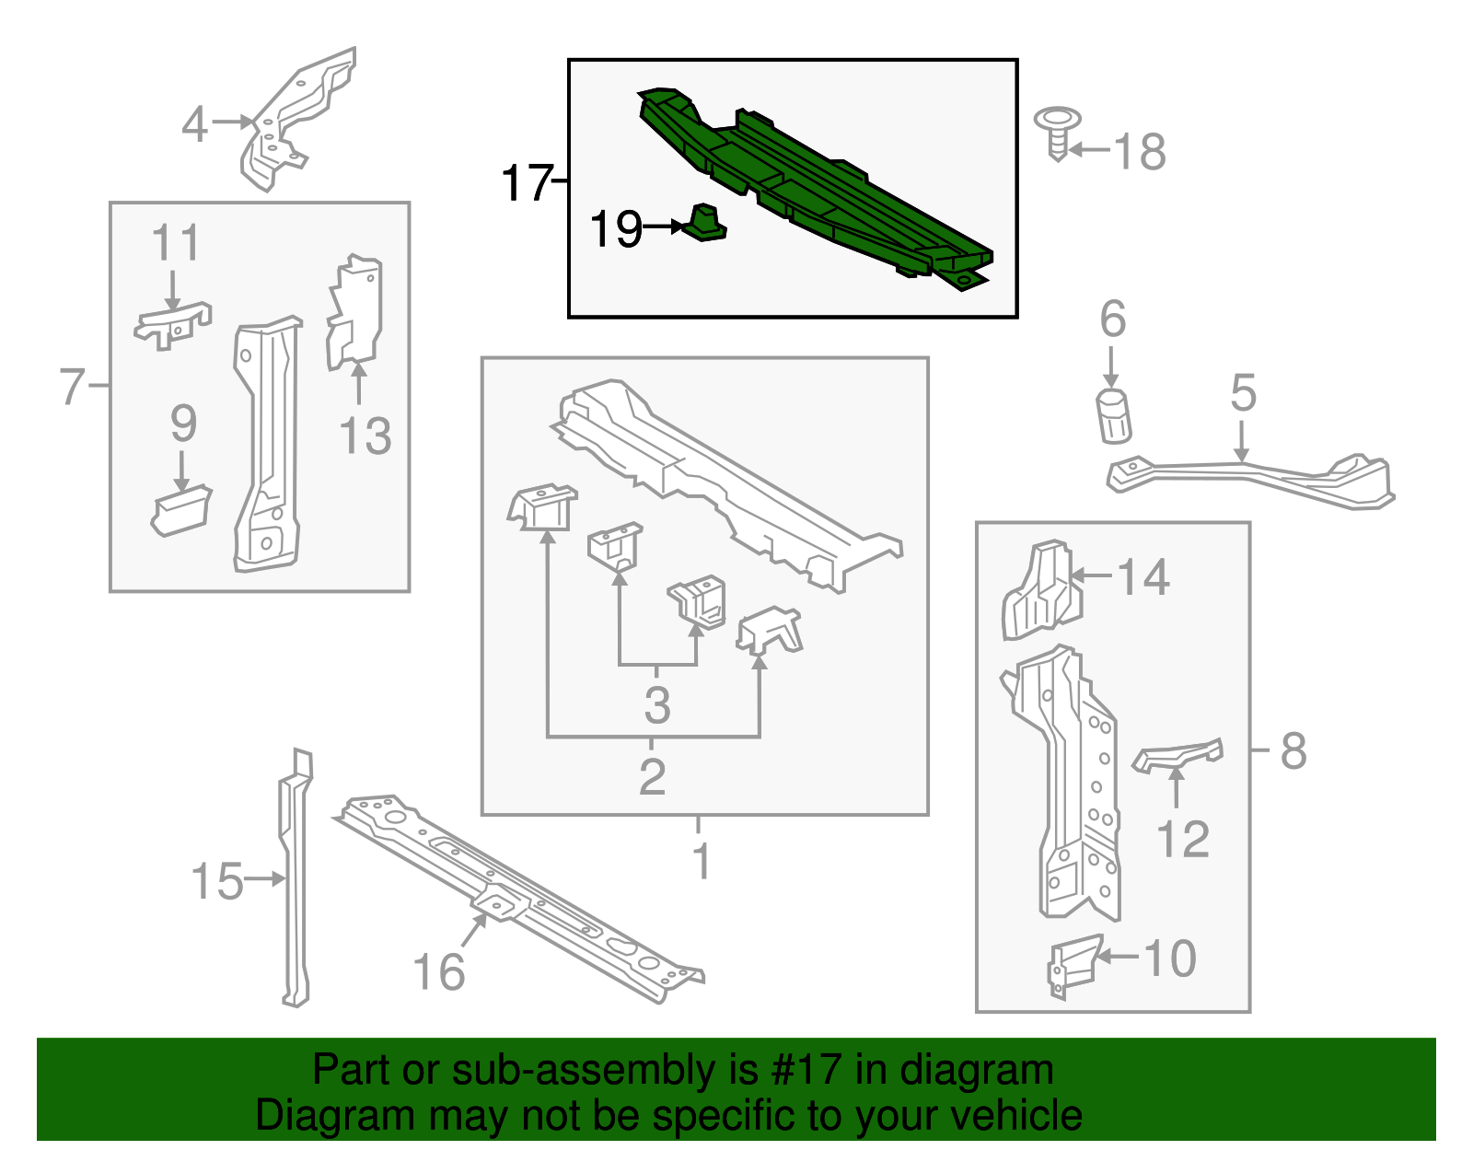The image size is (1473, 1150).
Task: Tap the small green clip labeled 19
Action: tap(705, 223)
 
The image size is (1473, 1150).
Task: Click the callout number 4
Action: tap(194, 123)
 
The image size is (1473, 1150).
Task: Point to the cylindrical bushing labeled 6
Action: tap(1114, 416)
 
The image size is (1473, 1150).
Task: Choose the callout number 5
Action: tap(1243, 393)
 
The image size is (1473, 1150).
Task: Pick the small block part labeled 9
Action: tap(182, 511)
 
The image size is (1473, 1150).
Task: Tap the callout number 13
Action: tap(365, 436)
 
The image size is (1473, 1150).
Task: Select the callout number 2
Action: tap(652, 776)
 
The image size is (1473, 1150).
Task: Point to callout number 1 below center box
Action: tap(701, 861)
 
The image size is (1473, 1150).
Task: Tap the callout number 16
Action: tap(438, 971)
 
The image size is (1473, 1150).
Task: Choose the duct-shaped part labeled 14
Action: tap(1041, 591)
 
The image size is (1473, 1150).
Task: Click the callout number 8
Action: tap(1293, 750)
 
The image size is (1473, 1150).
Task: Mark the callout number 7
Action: tap(71, 386)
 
